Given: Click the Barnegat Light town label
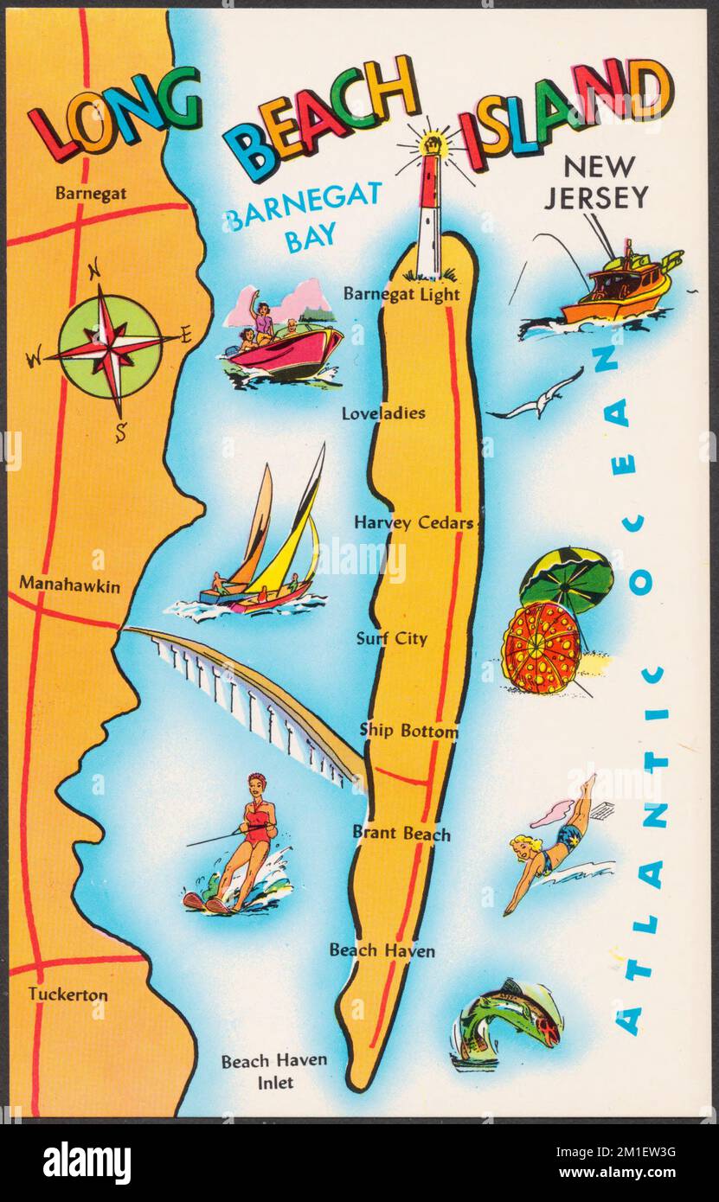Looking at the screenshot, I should point(401,294).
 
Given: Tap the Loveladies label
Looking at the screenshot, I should point(382,413).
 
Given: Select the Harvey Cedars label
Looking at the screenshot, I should point(413,523).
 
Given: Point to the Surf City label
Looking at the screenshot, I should point(391,639).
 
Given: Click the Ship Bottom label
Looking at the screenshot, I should point(408,732).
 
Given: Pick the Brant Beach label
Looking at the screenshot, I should point(401,834).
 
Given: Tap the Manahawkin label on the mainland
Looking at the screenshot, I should point(69,586).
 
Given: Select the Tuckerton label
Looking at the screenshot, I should point(67,994).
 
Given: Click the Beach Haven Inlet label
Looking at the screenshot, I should point(261,1071).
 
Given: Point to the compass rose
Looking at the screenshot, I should point(111,342).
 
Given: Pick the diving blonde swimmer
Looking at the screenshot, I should point(554,843).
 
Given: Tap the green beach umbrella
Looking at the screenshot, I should point(567,579).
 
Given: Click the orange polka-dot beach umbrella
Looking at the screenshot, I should point(541,647).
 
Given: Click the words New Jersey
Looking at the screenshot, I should point(595,182).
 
